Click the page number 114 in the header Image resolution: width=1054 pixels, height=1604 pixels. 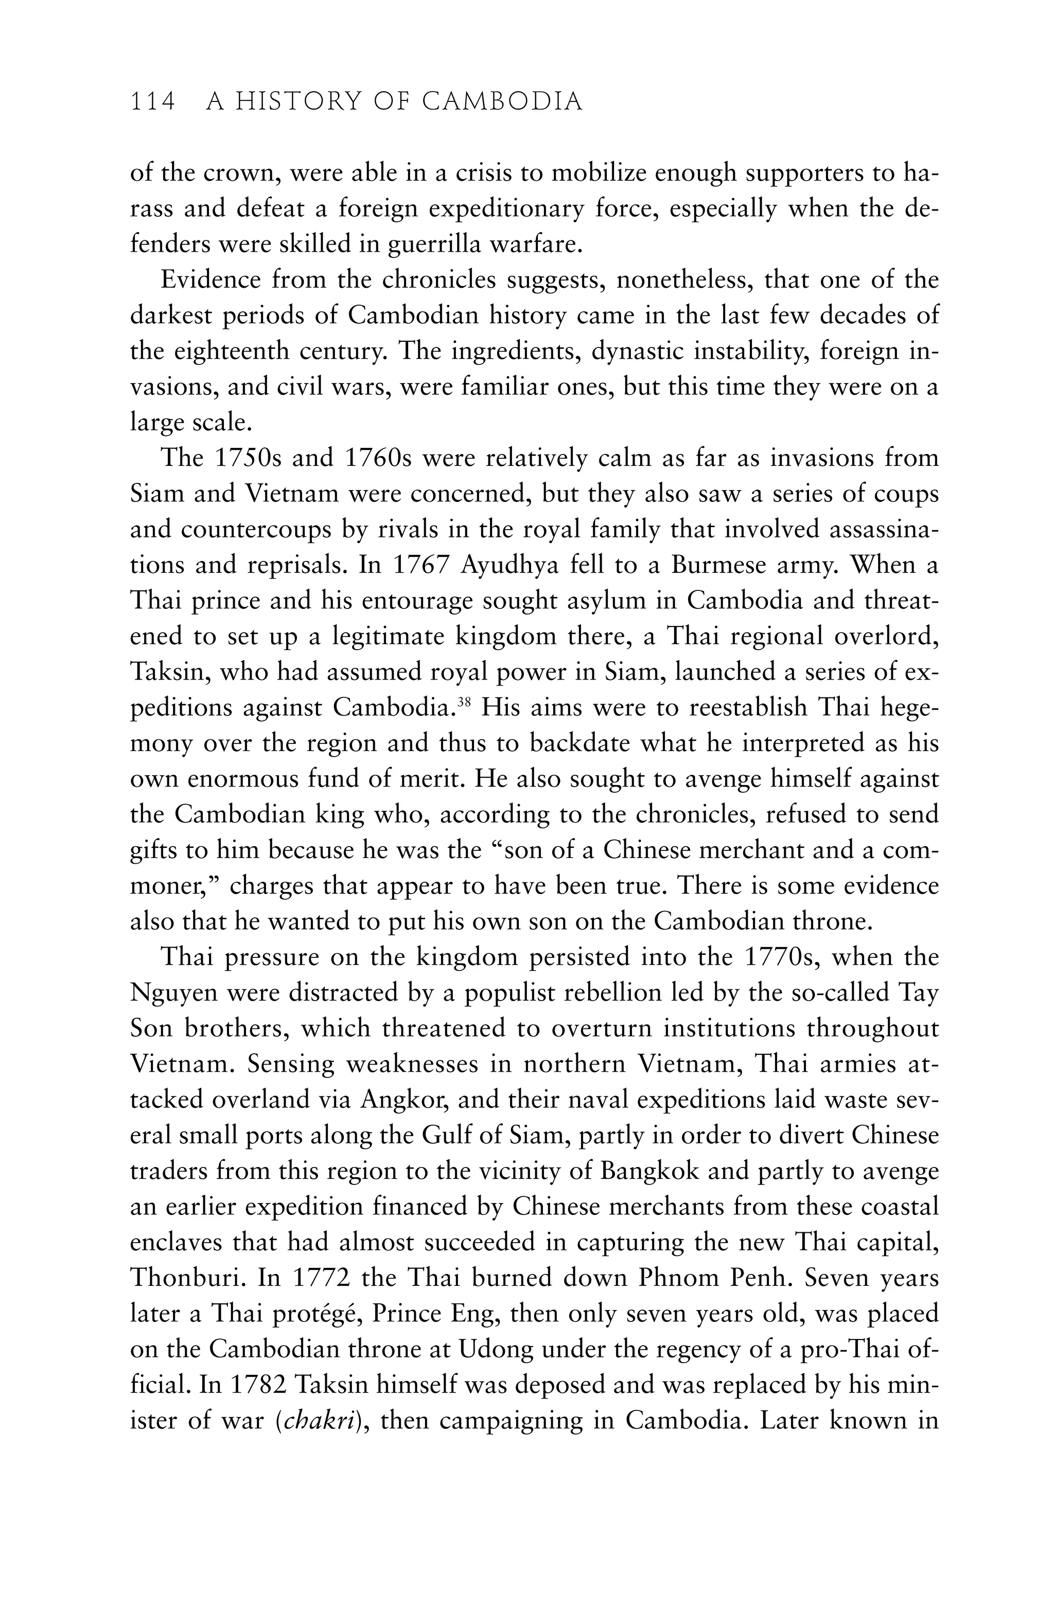click(x=152, y=102)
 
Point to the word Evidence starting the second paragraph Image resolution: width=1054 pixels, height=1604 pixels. click(x=211, y=280)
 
